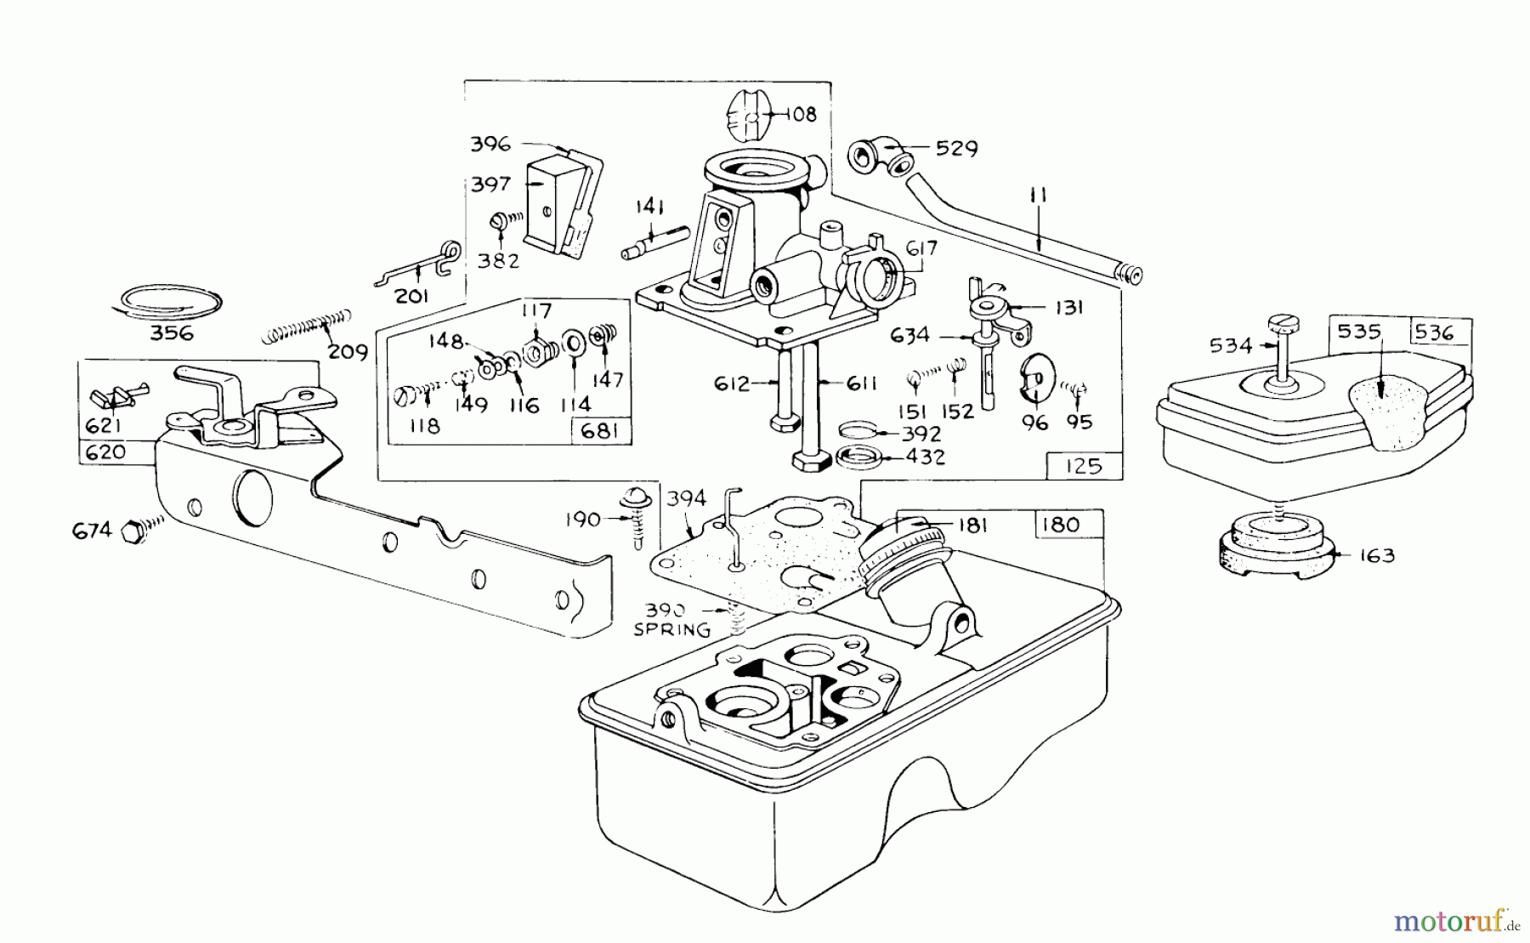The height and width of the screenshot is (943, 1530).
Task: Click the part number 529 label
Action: point(956,148)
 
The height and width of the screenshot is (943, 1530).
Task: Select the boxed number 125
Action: point(1082,466)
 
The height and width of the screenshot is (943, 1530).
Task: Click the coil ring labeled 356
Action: point(170,301)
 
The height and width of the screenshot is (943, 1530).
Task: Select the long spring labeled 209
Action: point(306,327)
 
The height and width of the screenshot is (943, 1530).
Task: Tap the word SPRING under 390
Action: point(672,630)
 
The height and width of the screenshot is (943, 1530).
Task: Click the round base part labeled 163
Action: point(1272,553)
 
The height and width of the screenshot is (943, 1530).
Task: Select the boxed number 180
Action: point(1059,525)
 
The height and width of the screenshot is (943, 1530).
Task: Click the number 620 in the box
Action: point(105,452)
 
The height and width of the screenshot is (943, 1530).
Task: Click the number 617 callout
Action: point(921,247)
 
